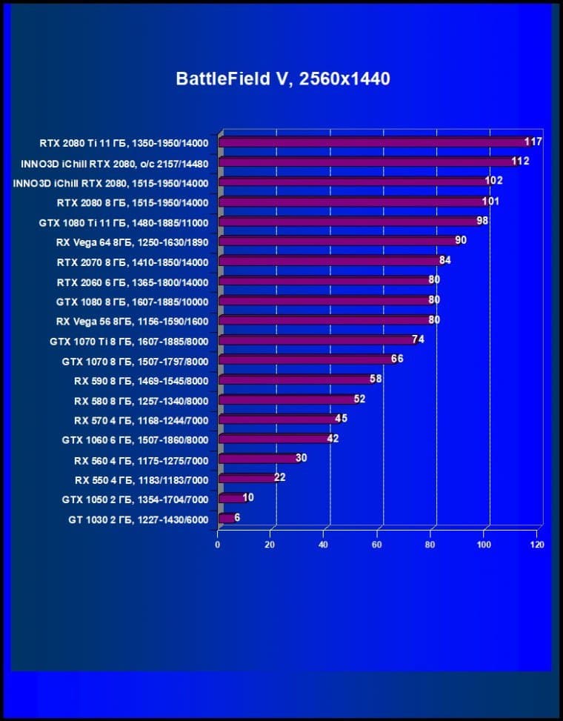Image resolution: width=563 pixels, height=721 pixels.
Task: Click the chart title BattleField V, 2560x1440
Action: point(282,79)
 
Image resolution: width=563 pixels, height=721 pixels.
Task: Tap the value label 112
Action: point(520,162)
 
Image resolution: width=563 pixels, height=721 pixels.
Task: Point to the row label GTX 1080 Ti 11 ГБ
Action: point(123,222)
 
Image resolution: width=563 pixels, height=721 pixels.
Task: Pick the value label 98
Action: point(482,221)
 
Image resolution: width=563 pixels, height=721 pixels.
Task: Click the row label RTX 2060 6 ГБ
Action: point(133,282)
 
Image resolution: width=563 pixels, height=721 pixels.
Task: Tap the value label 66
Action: point(397,359)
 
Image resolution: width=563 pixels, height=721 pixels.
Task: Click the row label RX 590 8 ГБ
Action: point(141,381)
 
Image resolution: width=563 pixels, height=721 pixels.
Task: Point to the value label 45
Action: point(341,419)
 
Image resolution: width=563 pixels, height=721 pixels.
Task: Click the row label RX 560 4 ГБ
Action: point(141,460)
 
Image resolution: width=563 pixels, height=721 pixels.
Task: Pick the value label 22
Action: point(279,478)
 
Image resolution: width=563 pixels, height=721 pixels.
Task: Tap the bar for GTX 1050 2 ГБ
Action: point(231,499)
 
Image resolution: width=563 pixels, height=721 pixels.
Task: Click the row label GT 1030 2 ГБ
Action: point(138,520)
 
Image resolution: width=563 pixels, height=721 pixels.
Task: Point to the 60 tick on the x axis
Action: point(378,545)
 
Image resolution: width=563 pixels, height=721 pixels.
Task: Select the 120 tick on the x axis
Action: point(538,545)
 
